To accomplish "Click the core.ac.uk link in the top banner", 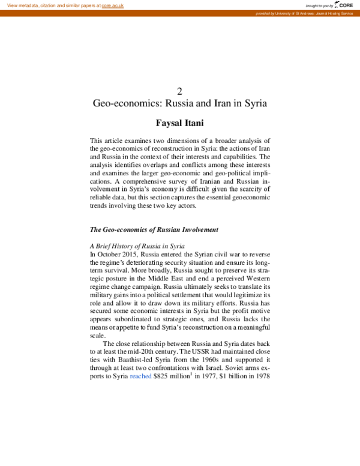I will tap(112, 5).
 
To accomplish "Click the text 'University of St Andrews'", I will tap(293, 13).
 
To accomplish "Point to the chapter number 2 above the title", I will tap(179, 90).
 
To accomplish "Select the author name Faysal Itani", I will tap(179, 123).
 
